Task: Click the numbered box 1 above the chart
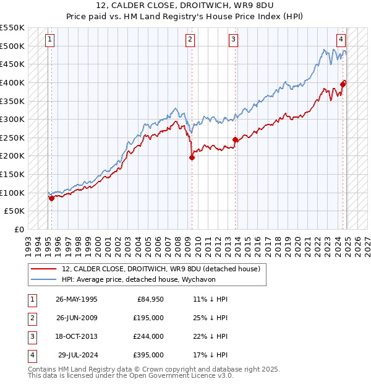click(x=49, y=40)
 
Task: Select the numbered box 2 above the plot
click(x=190, y=40)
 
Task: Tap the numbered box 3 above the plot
click(x=234, y=40)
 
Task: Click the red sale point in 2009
click(x=192, y=157)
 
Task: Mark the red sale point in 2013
click(x=235, y=139)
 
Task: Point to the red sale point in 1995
click(x=51, y=198)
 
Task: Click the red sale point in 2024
click(x=344, y=84)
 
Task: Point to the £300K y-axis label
click(x=12, y=119)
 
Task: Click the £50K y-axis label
click(x=15, y=211)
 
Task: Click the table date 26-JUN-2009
click(x=76, y=318)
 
